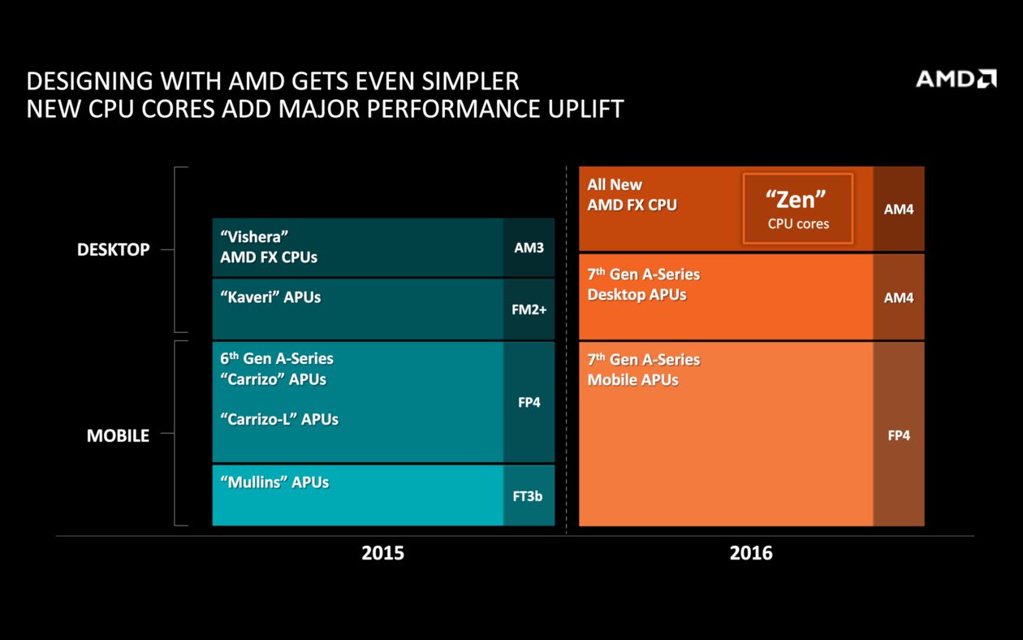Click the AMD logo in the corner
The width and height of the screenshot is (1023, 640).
(956, 79)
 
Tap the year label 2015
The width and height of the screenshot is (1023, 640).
(382, 553)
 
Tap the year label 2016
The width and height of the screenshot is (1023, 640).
(751, 553)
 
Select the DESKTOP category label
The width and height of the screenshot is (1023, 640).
(114, 249)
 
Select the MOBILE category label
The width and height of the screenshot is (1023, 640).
(118, 435)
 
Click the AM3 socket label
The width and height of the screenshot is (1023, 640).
(529, 248)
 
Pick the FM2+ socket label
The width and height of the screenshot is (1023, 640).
(529, 309)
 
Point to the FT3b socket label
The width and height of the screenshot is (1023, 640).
(528, 496)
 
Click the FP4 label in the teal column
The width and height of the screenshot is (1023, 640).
(529, 402)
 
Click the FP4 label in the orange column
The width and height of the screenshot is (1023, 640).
(899, 435)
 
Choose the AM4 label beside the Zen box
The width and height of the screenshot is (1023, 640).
(899, 210)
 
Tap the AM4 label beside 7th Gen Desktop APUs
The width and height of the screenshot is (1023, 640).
(899, 297)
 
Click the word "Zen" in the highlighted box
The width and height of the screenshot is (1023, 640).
(796, 200)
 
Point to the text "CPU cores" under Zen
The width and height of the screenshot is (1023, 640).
(798, 224)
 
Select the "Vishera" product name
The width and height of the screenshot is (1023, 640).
(254, 236)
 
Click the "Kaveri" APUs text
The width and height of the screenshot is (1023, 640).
(270, 297)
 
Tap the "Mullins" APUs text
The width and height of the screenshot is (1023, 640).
(274, 482)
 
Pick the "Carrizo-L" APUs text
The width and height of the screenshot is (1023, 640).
(279, 419)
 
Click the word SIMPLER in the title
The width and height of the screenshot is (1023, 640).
(470, 81)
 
